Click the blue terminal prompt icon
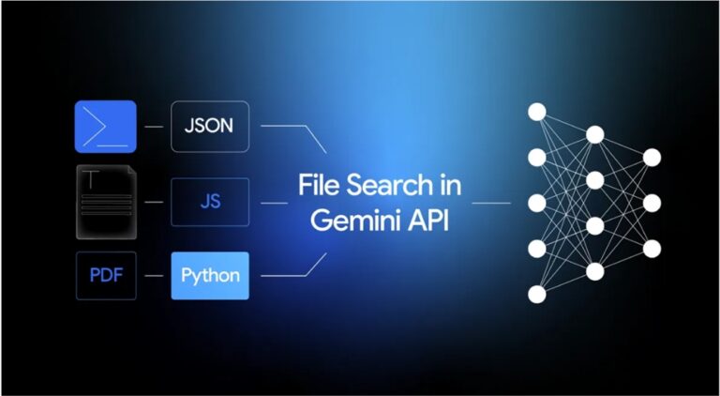105,127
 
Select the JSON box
209,127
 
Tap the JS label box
209,202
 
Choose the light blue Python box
210,276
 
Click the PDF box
105,276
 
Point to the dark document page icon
105,202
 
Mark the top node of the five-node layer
537,112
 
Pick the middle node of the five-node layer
537,203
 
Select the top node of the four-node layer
594,134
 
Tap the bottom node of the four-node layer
594,271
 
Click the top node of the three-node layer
652,157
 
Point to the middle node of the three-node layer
652,203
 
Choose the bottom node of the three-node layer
652,249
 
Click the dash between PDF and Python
154,276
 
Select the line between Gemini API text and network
490,202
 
